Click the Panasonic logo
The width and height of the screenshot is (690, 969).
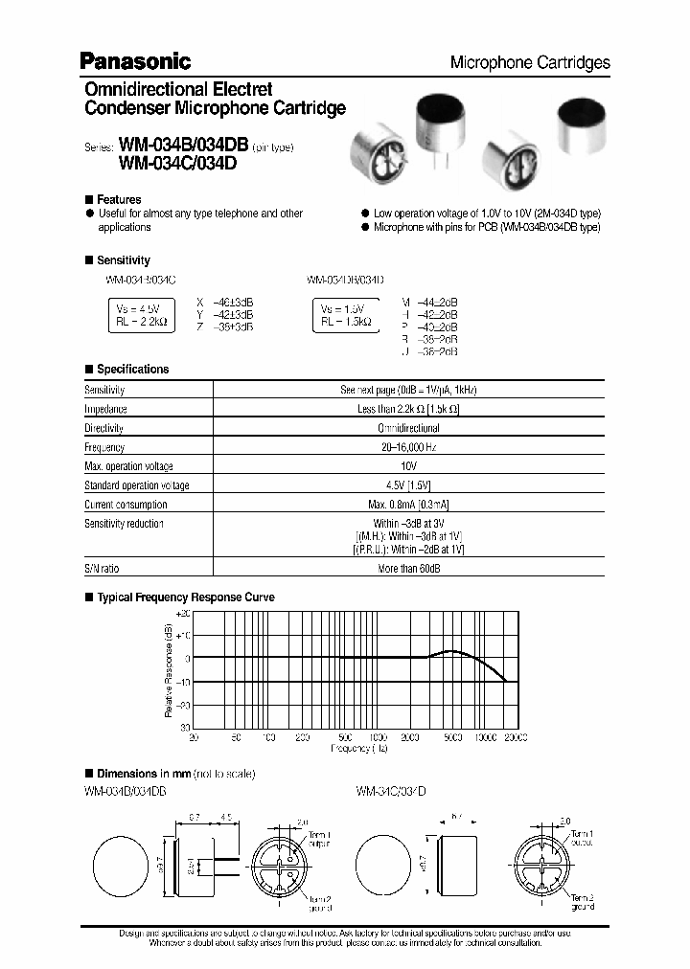pos(135,61)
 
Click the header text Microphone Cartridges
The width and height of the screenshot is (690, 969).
pos(530,62)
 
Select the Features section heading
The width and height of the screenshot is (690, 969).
pos(120,200)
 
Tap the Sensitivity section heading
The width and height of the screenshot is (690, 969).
pos(124,260)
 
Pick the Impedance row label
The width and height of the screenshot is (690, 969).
pos(105,409)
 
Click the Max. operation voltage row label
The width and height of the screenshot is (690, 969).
pos(129,466)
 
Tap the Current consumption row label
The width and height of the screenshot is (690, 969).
pos(126,504)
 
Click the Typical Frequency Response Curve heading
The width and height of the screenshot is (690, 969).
pos(186,597)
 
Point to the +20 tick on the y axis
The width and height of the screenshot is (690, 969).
pos(184,613)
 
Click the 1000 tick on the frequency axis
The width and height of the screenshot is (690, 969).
pos(378,738)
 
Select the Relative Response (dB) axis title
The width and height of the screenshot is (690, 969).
pos(169,670)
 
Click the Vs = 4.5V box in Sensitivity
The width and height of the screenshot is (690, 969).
pos(141,314)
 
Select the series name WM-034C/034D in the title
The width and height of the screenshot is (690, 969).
pos(177,163)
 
